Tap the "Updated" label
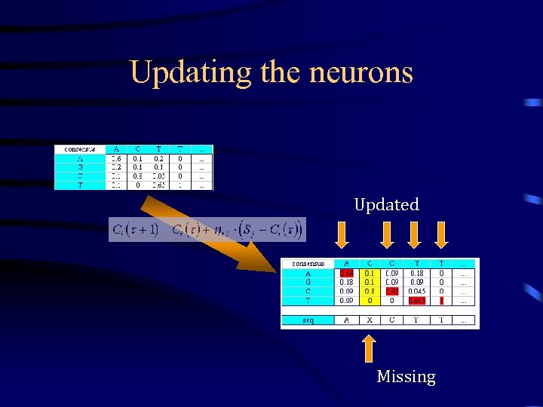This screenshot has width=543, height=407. pos(387,204)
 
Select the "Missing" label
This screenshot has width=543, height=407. pos(406,376)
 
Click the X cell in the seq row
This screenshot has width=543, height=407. pos(369,320)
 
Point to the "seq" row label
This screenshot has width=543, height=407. pos(308,320)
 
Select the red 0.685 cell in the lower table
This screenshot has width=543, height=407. pos(416,300)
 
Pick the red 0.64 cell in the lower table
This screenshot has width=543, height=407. pos(347,273)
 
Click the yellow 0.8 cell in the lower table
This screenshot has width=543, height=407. pos(369,291)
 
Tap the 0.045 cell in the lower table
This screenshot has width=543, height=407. pos(416,291)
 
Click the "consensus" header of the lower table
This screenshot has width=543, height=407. pos(308,264)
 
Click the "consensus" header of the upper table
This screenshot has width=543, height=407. pos(81,149)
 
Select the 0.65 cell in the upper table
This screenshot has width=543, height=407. pos(158,185)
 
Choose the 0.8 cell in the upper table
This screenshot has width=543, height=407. pos(137,176)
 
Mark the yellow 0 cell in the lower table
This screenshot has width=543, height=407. pos(369,300)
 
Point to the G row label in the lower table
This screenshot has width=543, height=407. pos(308,282)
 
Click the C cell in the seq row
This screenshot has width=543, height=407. pos(392,320)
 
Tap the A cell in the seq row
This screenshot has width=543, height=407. pos(347,320)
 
